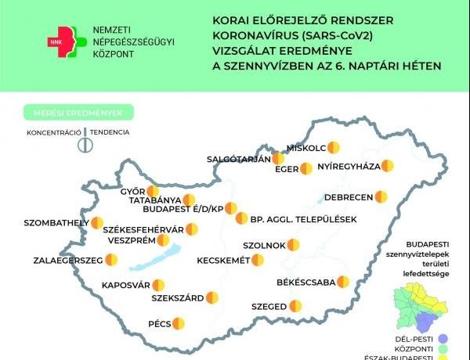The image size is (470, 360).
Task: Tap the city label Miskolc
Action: tap(306, 147)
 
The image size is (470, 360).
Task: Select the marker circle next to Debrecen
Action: tap(381, 196)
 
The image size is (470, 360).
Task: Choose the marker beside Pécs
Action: tap(178, 322)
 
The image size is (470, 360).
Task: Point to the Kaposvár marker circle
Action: tap(158, 285)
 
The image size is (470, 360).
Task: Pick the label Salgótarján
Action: tap(238, 159)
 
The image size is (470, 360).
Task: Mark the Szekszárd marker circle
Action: tap(211, 297)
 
